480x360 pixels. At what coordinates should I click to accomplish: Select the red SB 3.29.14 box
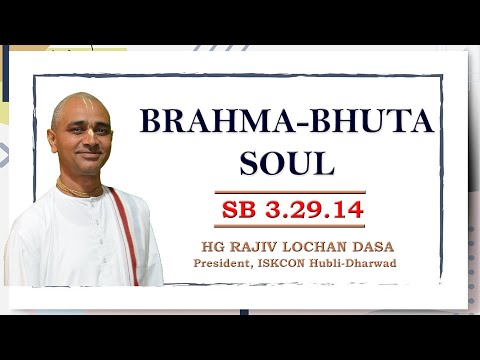(x=289, y=210)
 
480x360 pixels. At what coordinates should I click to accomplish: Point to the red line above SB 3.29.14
(x=289, y=192)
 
